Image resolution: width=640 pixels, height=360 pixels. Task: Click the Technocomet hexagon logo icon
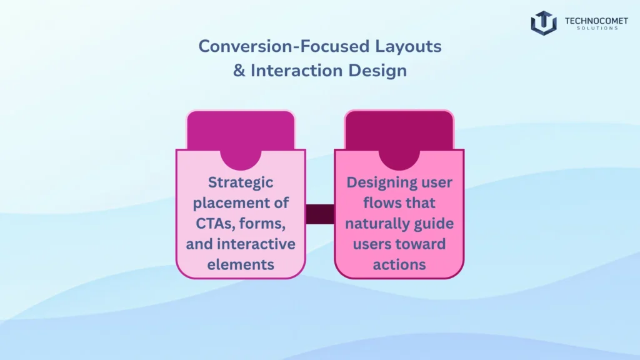[x=543, y=22]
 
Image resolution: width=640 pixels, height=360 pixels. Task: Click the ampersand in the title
[x=239, y=71]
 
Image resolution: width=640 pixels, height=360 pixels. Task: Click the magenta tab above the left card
[x=241, y=128]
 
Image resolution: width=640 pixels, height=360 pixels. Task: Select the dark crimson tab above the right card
[x=399, y=128]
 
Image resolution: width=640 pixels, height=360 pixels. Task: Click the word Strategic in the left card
[x=241, y=182]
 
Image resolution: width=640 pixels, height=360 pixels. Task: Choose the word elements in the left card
[x=241, y=264]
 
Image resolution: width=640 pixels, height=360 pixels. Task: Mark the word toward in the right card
[x=421, y=244]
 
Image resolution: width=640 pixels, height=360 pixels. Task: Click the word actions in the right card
[x=399, y=264]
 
